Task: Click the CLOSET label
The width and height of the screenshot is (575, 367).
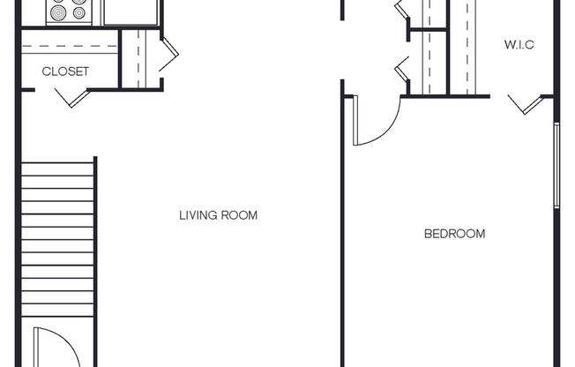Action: click(66, 71)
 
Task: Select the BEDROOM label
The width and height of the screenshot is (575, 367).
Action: click(454, 234)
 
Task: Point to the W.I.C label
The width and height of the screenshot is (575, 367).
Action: click(520, 43)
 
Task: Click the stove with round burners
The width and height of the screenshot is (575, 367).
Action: click(69, 11)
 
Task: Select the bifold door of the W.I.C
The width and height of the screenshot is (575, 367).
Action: click(527, 106)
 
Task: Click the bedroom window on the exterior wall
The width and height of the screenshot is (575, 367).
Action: click(556, 166)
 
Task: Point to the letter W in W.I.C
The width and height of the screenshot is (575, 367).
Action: click(510, 43)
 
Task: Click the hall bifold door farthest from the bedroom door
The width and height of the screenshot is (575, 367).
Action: click(400, 13)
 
